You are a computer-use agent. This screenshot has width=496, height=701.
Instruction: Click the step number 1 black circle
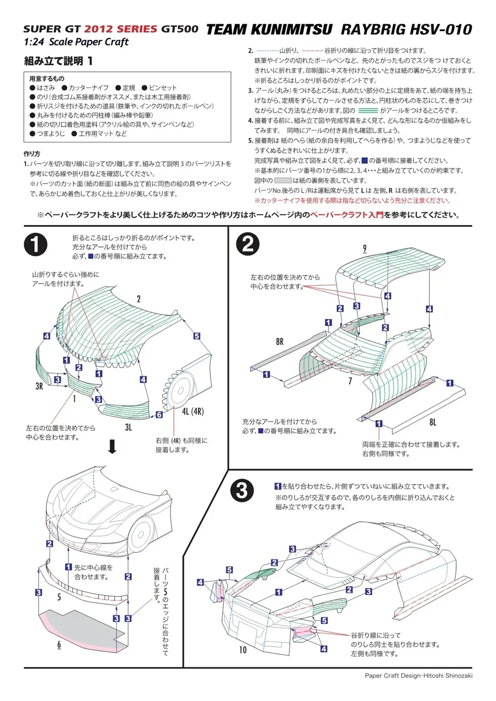coord(35,244)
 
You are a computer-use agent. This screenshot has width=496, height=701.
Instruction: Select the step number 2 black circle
coord(247,244)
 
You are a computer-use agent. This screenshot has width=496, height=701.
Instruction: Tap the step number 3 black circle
coord(242,490)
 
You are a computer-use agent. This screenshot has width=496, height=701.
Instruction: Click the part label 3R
coord(39,386)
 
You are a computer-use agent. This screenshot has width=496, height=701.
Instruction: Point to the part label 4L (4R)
coord(193,411)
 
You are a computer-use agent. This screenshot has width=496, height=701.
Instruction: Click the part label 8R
coord(280,341)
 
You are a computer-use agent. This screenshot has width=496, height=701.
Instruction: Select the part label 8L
coord(432,422)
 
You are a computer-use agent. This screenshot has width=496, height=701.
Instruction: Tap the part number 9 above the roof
coord(364,248)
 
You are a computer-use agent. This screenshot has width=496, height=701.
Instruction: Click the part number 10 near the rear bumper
coord(243,649)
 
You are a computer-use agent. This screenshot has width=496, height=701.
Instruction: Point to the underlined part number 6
coord(59,644)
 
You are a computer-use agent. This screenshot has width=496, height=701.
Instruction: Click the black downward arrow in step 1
coord(112,446)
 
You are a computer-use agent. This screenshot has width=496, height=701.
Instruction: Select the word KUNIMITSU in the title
coord(292,29)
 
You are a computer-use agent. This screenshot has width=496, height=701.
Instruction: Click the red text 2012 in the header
coord(98,29)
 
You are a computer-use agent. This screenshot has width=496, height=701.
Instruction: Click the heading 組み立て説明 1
coord(58,61)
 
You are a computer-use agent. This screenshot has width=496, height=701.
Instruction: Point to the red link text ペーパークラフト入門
coord(347,215)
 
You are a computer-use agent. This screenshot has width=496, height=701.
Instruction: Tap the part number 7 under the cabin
coord(350,381)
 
